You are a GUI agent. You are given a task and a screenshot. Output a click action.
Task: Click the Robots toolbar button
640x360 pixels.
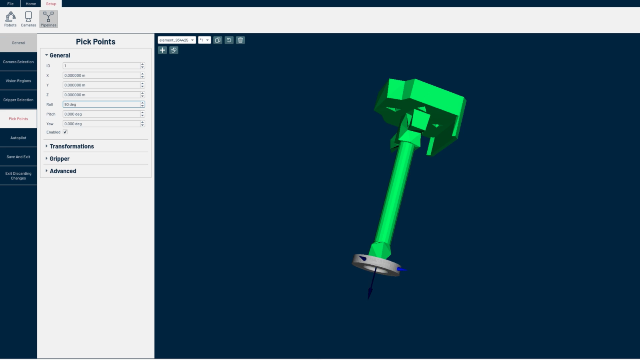click(10, 19)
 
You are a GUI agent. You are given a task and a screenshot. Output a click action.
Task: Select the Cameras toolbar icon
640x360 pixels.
click(28, 19)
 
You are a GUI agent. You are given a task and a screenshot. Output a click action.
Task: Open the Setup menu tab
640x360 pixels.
click(51, 4)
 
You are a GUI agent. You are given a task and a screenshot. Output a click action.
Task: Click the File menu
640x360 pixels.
click(10, 4)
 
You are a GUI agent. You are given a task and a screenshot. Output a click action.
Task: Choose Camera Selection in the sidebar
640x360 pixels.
click(18, 62)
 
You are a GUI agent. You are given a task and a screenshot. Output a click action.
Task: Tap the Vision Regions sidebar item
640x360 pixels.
click(18, 81)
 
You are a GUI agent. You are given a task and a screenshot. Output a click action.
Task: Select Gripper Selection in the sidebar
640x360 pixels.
click(18, 100)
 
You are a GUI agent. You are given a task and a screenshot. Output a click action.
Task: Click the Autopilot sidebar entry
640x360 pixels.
click(18, 138)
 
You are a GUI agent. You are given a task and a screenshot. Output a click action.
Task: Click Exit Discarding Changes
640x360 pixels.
click(18, 176)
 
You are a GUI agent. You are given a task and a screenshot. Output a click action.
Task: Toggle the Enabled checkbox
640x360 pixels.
click(65, 132)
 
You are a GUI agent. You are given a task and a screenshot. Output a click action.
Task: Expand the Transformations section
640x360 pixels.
click(72, 146)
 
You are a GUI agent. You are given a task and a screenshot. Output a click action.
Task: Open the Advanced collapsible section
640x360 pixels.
click(63, 171)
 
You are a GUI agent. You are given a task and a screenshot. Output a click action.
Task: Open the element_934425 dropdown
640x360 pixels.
click(176, 40)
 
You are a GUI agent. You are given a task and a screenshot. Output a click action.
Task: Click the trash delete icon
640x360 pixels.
click(240, 40)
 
